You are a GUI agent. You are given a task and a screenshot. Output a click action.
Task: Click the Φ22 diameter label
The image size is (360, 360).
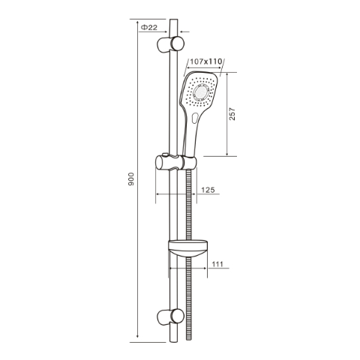(x=148, y=27)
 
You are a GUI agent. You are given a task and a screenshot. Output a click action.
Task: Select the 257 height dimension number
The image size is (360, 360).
(x=232, y=113)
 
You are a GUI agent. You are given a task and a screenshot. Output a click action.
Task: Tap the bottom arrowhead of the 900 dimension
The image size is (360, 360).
(x=140, y=335)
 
